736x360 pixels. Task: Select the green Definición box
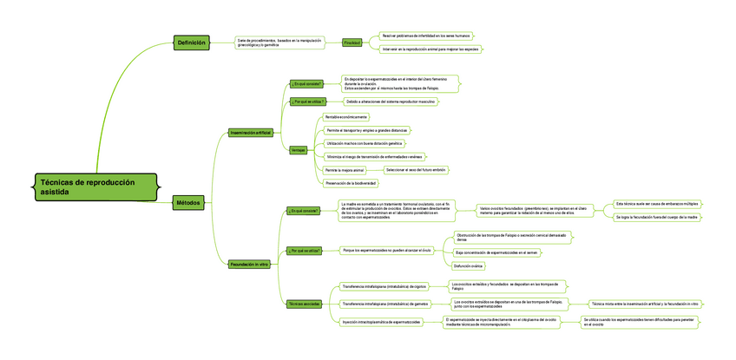coord(191,43)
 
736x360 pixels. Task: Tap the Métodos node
coord(188,202)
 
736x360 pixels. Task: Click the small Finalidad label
coord(352,43)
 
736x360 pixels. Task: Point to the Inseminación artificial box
coord(250,133)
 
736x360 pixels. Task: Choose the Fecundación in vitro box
coord(249,263)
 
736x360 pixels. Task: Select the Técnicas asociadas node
coord(306,304)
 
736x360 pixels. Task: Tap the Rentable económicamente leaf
coord(346,117)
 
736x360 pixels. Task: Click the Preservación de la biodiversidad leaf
coord(351,183)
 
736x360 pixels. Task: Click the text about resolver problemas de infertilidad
coord(424,36)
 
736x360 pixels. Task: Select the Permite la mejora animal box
coord(345,170)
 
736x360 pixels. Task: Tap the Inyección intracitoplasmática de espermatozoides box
coord(381,322)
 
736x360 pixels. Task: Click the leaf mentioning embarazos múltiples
coord(656,203)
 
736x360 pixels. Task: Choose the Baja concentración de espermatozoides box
coord(496,252)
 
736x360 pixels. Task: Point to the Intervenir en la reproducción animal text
coord(430,49)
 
